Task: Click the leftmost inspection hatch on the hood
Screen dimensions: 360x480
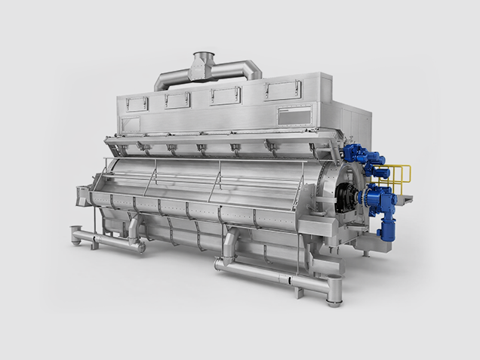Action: point(137,104)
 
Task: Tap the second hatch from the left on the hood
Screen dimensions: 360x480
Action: point(178,100)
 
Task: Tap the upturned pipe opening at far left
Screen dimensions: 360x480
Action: point(76,231)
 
